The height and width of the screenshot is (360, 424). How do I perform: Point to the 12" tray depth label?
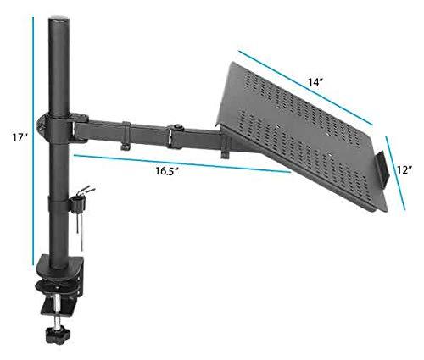[x=404, y=169]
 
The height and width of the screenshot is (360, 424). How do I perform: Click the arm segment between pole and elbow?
[x=119, y=129]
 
